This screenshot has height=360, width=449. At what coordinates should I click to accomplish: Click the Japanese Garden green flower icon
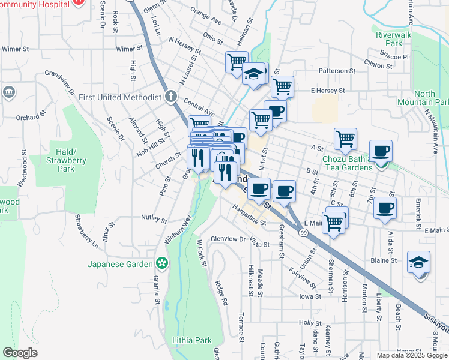click(161, 263)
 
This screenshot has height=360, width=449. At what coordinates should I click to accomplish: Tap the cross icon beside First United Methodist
click(171, 97)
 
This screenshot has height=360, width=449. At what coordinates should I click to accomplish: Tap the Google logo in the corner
click(20, 353)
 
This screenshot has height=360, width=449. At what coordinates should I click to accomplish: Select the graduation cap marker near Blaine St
click(418, 263)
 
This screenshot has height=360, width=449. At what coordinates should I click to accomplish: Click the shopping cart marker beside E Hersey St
click(282, 86)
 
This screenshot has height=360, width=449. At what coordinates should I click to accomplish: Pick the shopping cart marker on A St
click(345, 139)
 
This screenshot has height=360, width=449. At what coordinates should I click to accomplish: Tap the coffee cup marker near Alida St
click(385, 208)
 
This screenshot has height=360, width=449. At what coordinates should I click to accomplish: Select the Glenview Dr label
click(228, 239)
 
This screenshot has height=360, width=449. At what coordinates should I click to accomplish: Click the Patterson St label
click(337, 71)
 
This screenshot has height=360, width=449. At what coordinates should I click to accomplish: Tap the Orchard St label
click(31, 117)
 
